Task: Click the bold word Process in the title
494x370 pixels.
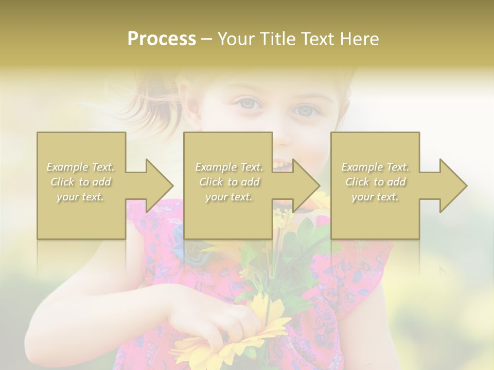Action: pyautogui.click(x=162, y=39)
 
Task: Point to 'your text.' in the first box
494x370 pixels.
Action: pyautogui.click(x=81, y=197)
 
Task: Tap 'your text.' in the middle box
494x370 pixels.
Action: pyautogui.click(x=229, y=197)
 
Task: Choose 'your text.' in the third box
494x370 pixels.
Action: pyautogui.click(x=375, y=197)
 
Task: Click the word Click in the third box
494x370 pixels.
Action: pyautogui.click(x=356, y=182)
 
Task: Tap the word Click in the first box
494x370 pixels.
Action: pyautogui.click(x=61, y=182)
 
